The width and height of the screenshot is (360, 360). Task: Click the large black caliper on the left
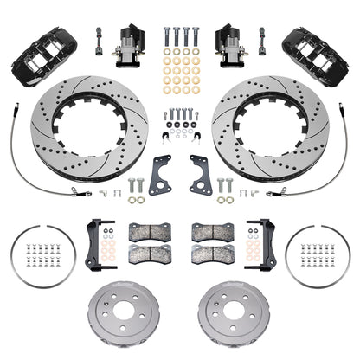click(x=34, y=47)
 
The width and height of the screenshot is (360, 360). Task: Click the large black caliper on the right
click(x=326, y=47)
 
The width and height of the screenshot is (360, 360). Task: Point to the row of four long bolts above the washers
click(x=180, y=39)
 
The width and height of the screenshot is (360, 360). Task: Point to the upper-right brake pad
click(x=208, y=231)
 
